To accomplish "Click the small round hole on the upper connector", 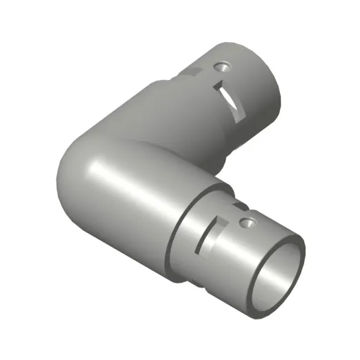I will (221, 67).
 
